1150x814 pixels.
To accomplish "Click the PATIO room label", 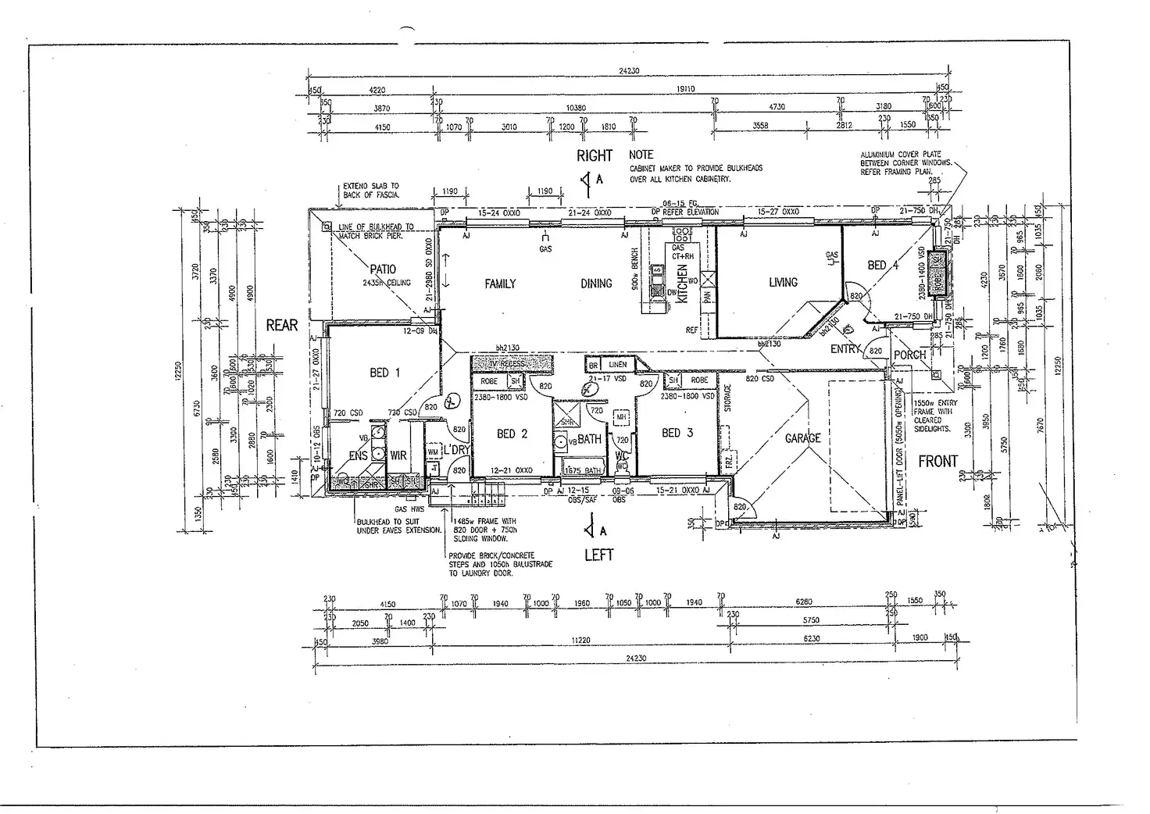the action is coord(383,270).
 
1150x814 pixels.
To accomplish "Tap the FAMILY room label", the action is coord(500,284).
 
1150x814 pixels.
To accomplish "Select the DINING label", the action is coord(596,284).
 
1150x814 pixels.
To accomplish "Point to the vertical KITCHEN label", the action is coord(682,284).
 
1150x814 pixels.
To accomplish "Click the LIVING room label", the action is coord(783,283).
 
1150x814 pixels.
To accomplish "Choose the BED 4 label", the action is coord(883,266).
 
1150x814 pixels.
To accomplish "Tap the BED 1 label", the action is coord(384,373).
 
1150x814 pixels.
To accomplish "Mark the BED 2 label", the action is coord(512,434).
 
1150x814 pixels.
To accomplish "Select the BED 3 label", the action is coord(677,433).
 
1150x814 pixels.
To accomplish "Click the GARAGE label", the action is coord(802,438).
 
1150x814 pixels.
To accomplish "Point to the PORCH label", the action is coord(909,355).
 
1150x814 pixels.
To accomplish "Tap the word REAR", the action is coord(282,325).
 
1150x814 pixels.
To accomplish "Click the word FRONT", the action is coord(937,461).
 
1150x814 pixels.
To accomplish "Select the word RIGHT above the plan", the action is coord(595,155).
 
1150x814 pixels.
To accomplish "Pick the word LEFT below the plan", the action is coord(599,555).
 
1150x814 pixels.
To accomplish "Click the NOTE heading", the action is coord(641,155).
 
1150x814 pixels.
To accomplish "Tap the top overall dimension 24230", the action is coord(629,71).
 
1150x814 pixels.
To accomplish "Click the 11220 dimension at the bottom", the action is coord(580,640).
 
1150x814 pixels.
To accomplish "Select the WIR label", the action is coord(398,455).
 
